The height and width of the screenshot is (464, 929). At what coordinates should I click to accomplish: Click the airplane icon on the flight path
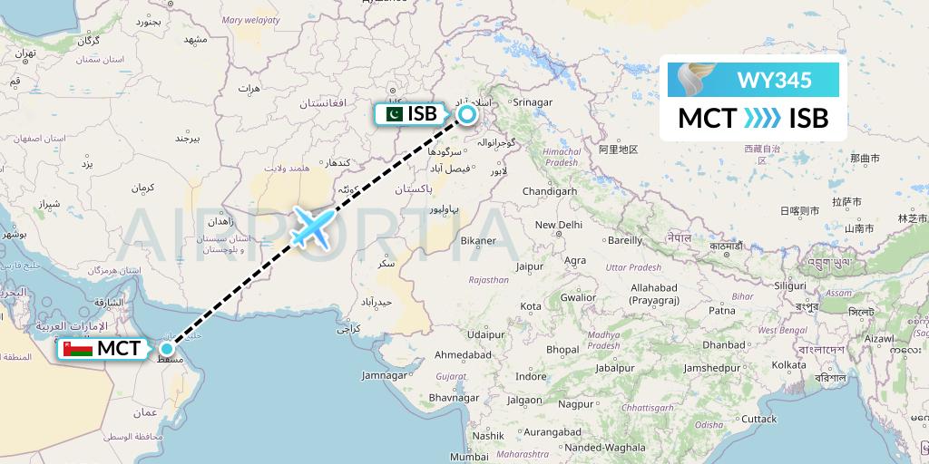point(313,227)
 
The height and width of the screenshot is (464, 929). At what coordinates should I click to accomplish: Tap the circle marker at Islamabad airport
point(466,114)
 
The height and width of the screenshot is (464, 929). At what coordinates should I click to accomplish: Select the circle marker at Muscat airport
point(167,349)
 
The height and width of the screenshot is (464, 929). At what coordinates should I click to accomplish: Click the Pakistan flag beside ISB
point(393,114)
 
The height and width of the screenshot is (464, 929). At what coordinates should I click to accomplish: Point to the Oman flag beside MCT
point(76,349)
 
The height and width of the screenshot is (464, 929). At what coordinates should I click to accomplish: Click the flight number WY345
point(774,80)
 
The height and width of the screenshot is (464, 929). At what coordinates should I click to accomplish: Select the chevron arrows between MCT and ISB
point(762,119)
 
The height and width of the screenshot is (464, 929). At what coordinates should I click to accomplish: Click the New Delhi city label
point(558,225)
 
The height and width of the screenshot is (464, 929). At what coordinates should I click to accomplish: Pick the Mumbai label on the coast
point(468,457)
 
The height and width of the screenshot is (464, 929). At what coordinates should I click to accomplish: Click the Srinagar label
point(532,102)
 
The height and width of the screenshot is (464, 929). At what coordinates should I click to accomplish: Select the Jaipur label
point(529,266)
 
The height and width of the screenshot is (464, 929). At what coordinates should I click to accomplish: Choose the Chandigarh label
point(550,191)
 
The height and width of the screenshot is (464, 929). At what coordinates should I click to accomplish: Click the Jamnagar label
point(385,374)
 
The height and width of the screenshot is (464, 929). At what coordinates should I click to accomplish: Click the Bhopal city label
point(562,349)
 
